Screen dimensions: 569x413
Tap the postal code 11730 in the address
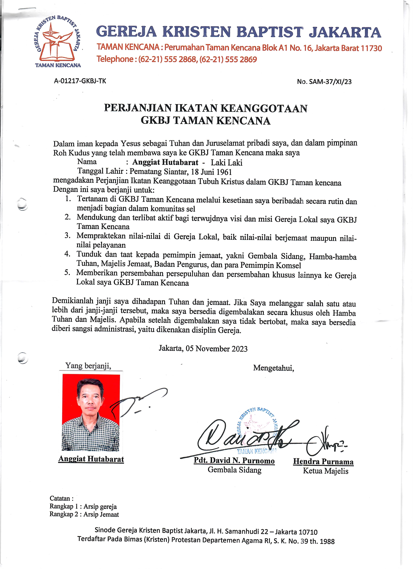pyautogui.click(x=371, y=48)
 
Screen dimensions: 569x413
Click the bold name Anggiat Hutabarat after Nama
pyautogui.click(x=165, y=162)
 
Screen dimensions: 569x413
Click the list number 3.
pyautogui.click(x=67, y=235)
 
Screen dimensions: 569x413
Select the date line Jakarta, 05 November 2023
pyautogui.click(x=203, y=348)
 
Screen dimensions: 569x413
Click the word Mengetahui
pyautogui.click(x=273, y=368)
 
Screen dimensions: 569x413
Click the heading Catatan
pyautogui.click(x=61, y=498)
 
